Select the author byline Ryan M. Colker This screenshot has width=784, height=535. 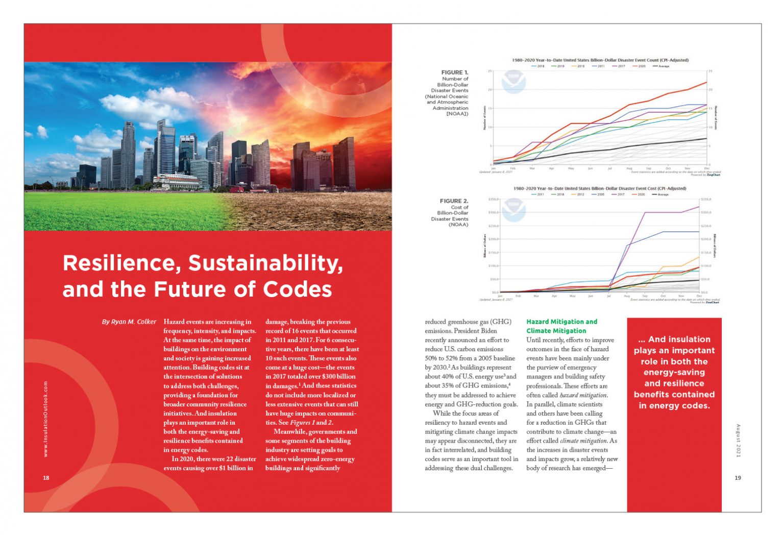[x=129, y=322]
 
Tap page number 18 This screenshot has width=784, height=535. [x=46, y=478]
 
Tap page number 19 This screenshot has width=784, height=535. [x=738, y=478]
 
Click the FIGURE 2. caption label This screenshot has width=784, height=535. [x=454, y=201]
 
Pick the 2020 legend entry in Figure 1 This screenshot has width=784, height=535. [x=639, y=66]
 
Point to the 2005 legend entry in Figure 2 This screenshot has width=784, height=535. [x=598, y=194]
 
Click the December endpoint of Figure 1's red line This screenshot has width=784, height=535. [x=706, y=82]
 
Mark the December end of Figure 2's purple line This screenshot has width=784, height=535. [x=699, y=207]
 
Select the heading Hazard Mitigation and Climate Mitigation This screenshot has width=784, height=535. [x=561, y=326]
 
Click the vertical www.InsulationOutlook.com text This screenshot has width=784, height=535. [x=46, y=419]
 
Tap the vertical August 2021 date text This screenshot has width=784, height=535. [x=738, y=440]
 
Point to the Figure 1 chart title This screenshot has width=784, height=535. [x=600, y=60]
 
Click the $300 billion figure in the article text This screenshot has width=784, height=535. [x=338, y=377]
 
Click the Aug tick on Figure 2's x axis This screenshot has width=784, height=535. [x=627, y=296]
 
